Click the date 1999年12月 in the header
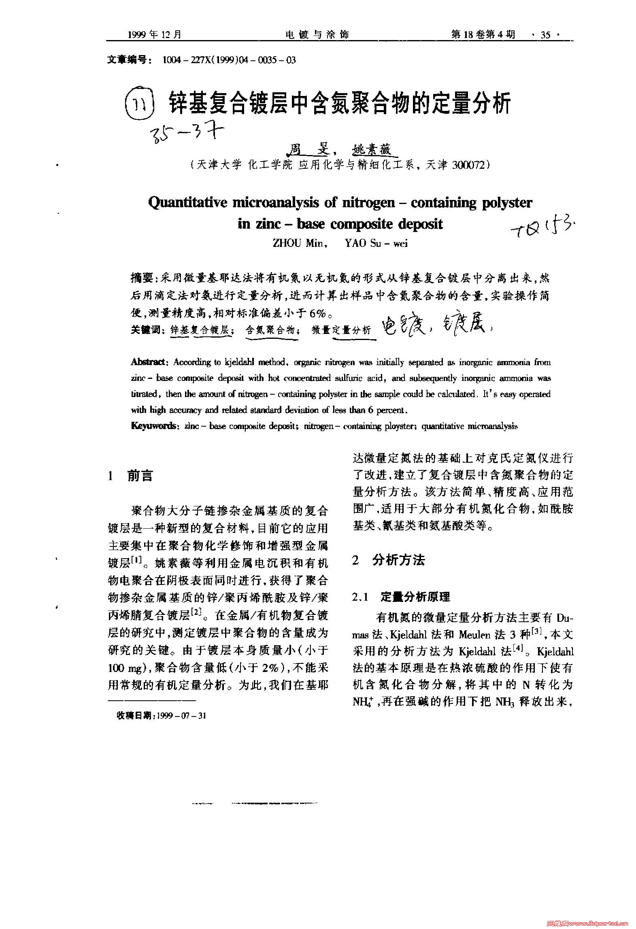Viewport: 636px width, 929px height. pos(155,35)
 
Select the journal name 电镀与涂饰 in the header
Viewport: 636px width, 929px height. pos(317,35)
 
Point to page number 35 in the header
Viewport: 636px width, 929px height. pos(545,35)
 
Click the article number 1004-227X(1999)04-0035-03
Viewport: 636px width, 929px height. pos(229,60)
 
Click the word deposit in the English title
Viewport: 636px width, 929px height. pos(420,224)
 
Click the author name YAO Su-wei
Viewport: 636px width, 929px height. pos(376,243)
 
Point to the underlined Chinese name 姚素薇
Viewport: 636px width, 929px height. pos(372,151)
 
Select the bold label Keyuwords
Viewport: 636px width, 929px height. pos(153,426)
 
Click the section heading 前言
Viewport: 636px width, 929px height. pos(140,476)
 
